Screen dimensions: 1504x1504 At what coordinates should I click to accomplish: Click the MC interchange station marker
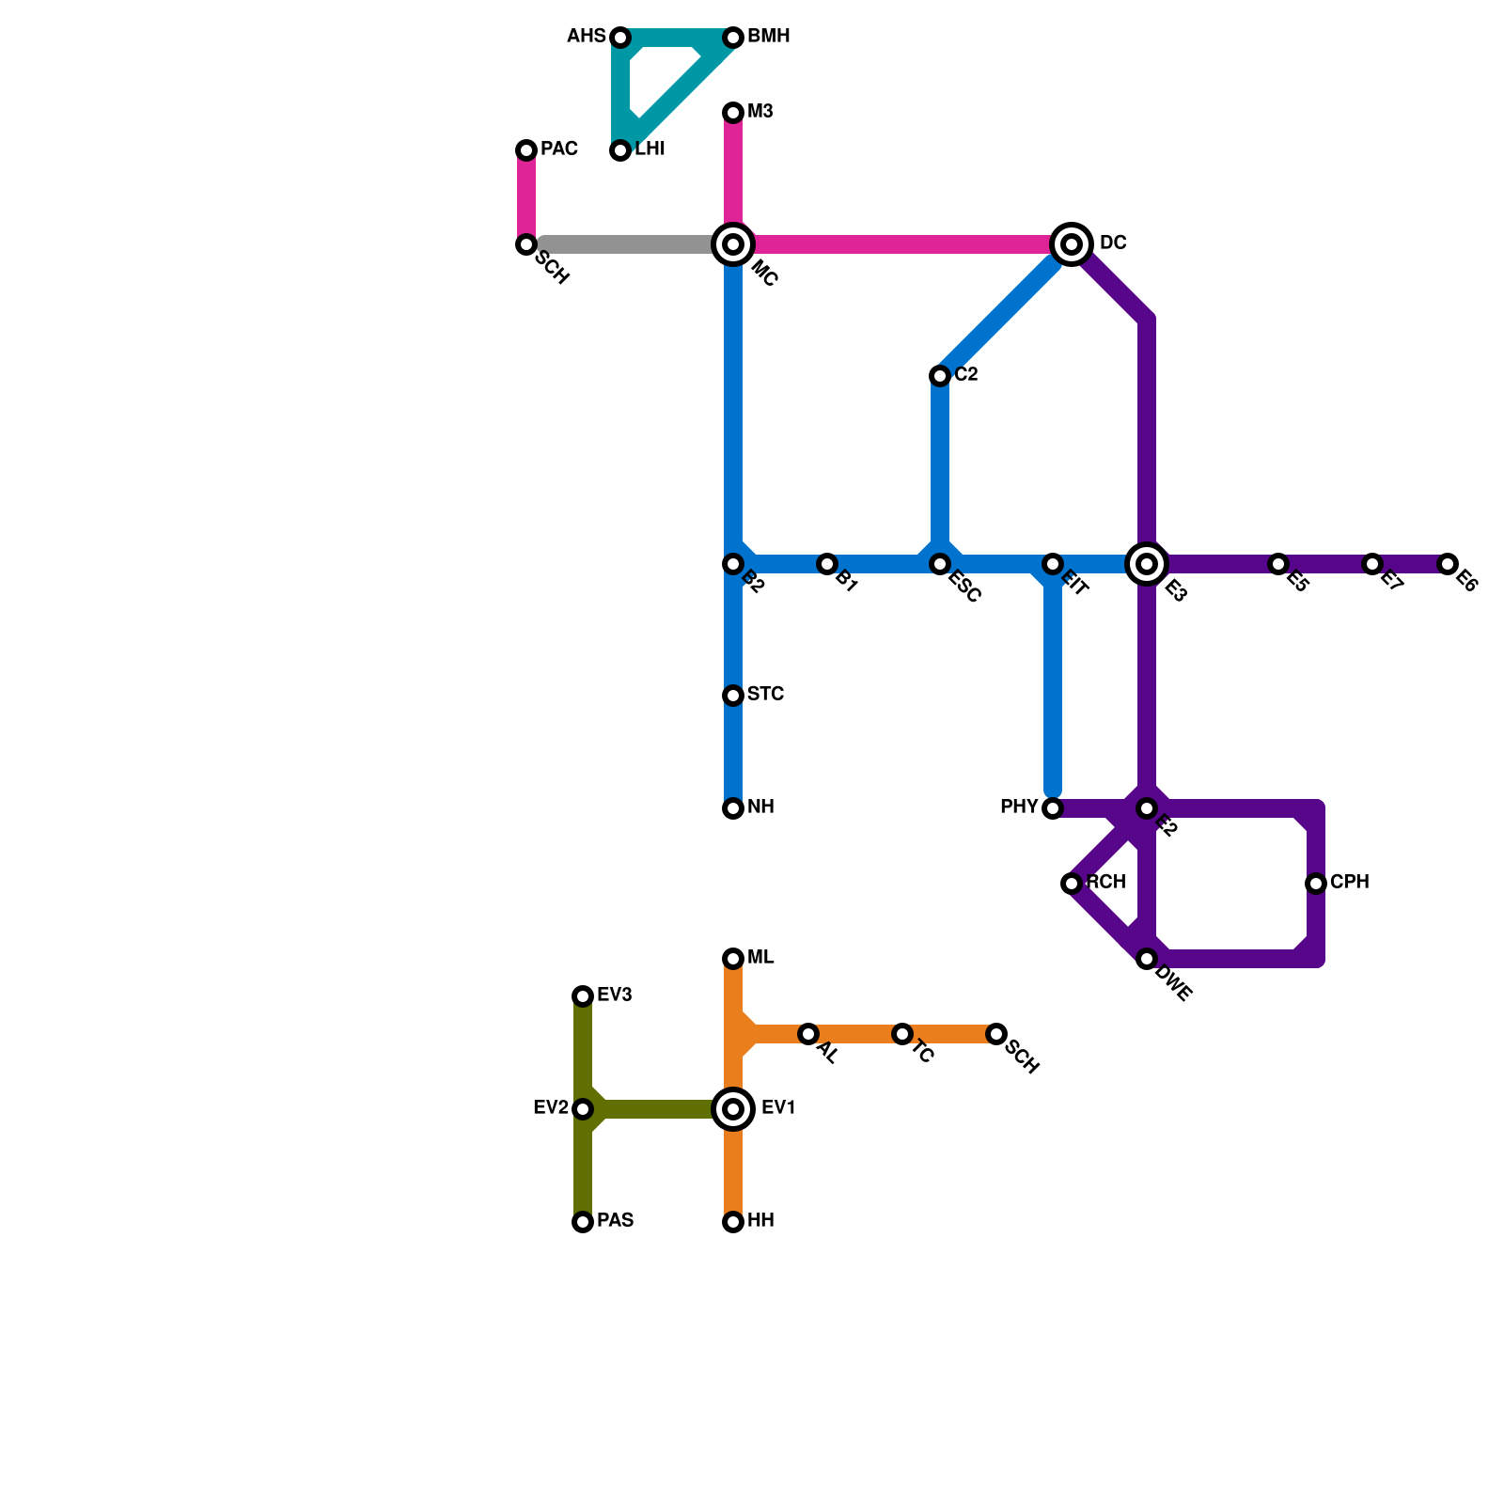[x=733, y=244]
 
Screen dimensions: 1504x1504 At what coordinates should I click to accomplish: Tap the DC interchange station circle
[x=1072, y=244]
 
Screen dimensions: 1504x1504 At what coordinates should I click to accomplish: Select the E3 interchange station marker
[x=1147, y=564]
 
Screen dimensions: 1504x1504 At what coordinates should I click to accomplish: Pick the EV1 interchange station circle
[x=733, y=1109]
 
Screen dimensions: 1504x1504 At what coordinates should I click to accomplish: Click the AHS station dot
[x=620, y=38]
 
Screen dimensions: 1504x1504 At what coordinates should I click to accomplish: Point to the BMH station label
[x=768, y=38]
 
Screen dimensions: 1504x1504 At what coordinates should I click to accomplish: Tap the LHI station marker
[x=620, y=150]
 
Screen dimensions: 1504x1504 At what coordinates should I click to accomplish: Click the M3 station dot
[x=733, y=113]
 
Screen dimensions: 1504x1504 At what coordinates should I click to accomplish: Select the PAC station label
[x=558, y=149]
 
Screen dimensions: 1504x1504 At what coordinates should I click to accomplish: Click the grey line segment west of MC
[x=630, y=244]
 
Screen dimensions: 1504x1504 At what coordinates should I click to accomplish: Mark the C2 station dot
[x=940, y=376]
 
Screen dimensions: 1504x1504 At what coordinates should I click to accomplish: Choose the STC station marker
[x=733, y=696]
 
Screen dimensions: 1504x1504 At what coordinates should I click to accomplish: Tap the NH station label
[x=760, y=807]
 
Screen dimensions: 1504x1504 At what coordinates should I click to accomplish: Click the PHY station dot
[x=1053, y=808]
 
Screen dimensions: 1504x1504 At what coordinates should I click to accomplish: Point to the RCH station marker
[x=1072, y=884]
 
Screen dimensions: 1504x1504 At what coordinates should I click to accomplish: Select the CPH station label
[x=1349, y=883]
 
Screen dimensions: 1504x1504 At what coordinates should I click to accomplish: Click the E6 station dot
[x=1448, y=564]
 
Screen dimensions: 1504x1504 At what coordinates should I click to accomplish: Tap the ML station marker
[x=733, y=959]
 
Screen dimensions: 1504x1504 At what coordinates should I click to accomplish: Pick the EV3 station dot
[x=583, y=996]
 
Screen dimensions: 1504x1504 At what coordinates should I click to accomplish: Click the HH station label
[x=760, y=1221]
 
